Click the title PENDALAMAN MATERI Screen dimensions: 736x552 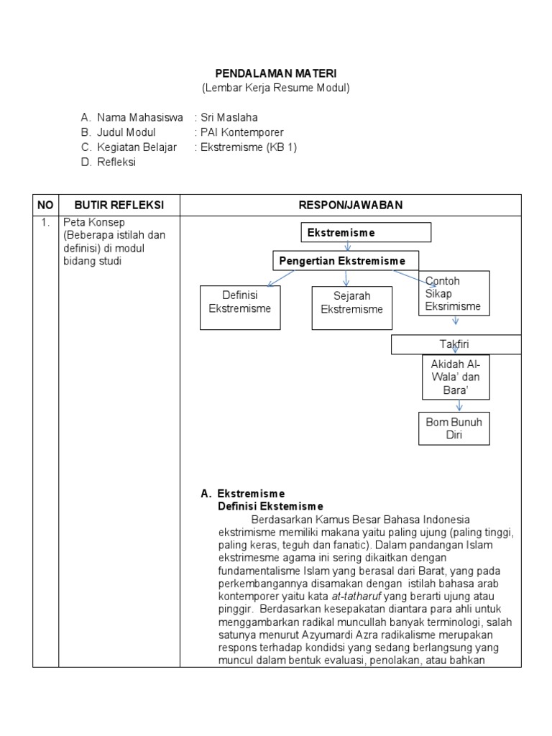coord(276,73)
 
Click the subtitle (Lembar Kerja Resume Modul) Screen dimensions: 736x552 coord(276,88)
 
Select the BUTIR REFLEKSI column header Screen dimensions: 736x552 coord(119,205)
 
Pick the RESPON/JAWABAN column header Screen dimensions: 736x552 coord(351,205)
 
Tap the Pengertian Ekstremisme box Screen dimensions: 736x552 coord(346,260)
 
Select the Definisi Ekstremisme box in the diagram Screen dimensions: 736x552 coord(240,308)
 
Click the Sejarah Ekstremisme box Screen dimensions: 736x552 coord(351,308)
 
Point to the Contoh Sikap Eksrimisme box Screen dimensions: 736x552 coord(454,293)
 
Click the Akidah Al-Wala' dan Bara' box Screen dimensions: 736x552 coord(456,377)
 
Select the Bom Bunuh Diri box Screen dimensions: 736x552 coord(454,428)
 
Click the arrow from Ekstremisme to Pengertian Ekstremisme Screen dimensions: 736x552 coord(348,247)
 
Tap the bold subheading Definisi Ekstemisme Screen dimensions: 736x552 coord(270,507)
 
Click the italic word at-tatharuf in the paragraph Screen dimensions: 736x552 coord(356,597)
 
